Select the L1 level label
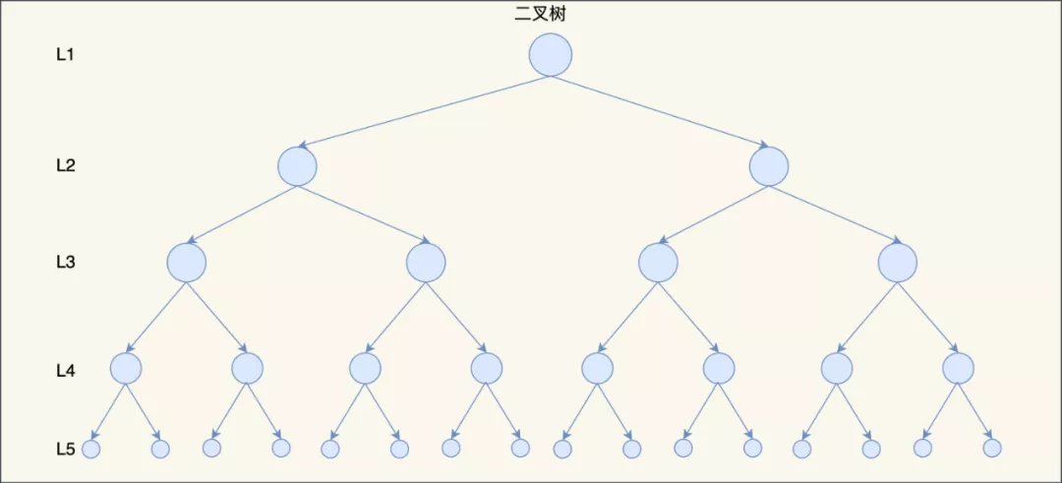click(x=65, y=55)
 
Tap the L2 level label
click(x=65, y=165)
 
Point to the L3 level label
click(x=65, y=263)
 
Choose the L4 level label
click(x=65, y=371)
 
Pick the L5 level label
click(x=65, y=450)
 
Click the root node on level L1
click(x=550, y=55)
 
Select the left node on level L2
click(x=297, y=166)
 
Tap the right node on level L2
click(x=768, y=166)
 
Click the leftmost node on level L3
click(x=186, y=262)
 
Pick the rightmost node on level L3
click(x=897, y=262)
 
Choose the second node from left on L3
click(x=426, y=262)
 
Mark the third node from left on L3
click(x=658, y=262)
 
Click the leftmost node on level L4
click(x=126, y=368)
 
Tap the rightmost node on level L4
click(x=958, y=368)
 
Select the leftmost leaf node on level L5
click(x=91, y=449)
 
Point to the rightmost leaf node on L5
click(x=992, y=448)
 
